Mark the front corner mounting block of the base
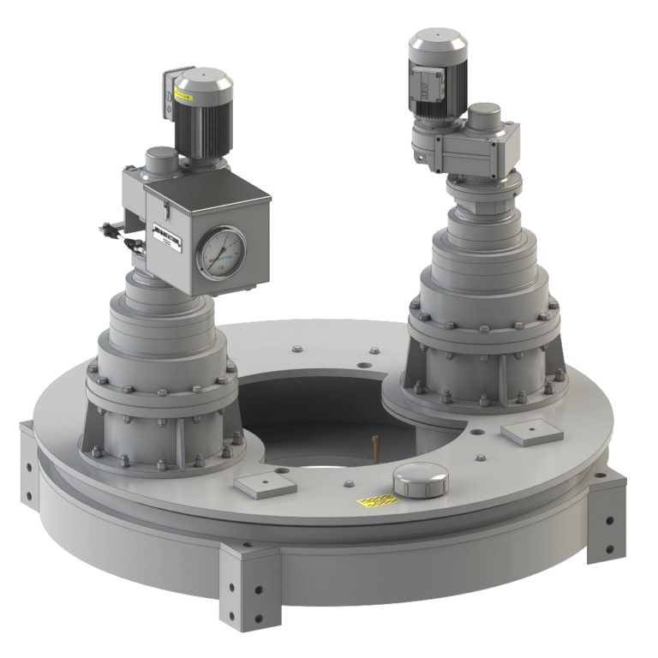pyautogui.click(x=248, y=583)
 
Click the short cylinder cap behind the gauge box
pyautogui.click(x=160, y=161)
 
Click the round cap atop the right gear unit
pyautogui.click(x=484, y=115)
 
